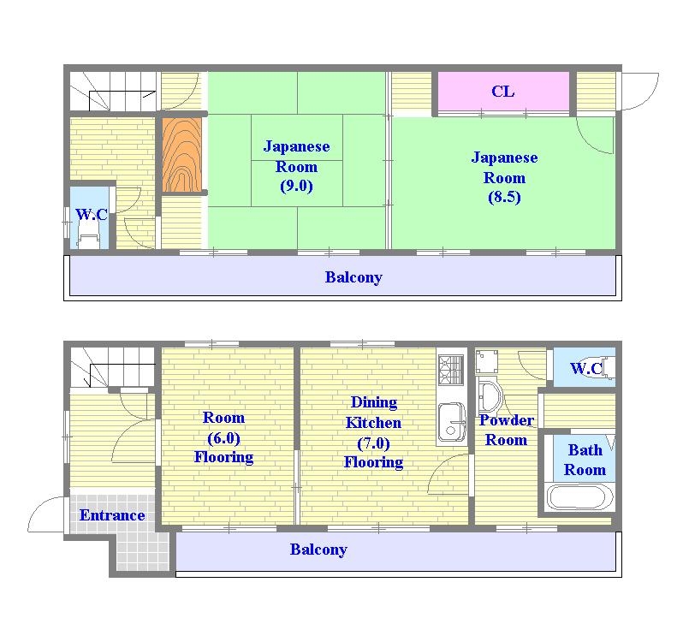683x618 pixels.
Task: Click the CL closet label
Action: click(x=502, y=92)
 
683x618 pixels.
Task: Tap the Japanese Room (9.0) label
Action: click(x=297, y=166)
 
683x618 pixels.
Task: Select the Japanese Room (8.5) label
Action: click(x=504, y=177)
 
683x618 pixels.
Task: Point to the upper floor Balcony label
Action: click(x=353, y=277)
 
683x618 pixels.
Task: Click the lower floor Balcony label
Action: click(x=318, y=550)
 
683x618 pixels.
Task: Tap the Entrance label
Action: click(x=112, y=515)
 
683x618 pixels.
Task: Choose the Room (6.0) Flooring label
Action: click(x=223, y=437)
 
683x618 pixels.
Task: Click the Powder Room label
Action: click(x=506, y=430)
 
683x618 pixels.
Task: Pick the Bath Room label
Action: click(x=585, y=460)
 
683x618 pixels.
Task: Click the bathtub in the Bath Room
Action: click(x=581, y=497)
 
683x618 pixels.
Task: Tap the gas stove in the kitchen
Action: click(x=451, y=370)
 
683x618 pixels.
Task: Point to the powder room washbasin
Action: click(x=490, y=397)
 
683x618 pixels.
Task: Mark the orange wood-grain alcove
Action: click(x=182, y=155)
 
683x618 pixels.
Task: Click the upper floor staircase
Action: click(x=113, y=92)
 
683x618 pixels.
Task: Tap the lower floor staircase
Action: click(x=113, y=367)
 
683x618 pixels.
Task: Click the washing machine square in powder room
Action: click(x=486, y=361)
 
